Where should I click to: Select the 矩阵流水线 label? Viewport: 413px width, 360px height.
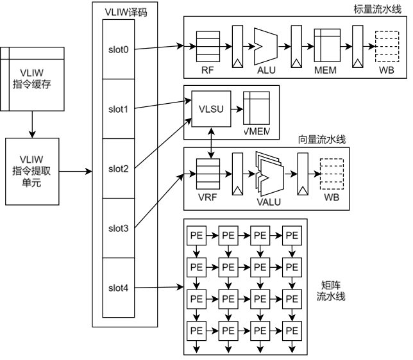330,291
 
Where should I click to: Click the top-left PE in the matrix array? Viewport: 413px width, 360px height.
196,235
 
